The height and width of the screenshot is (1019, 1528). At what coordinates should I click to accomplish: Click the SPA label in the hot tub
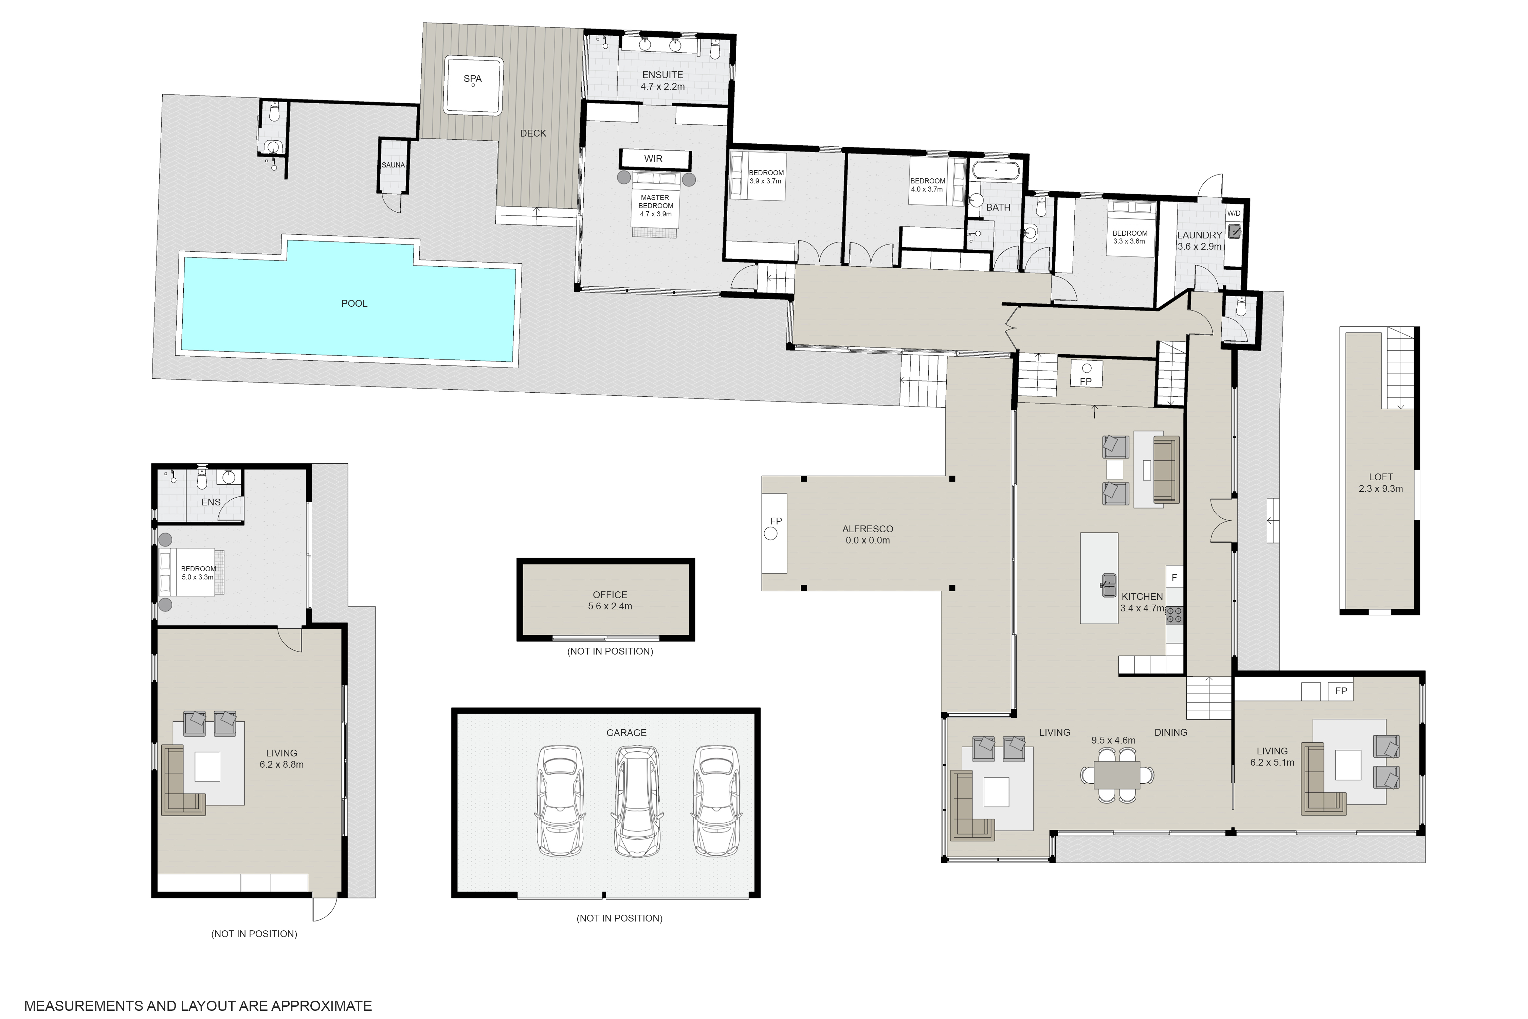[472, 79]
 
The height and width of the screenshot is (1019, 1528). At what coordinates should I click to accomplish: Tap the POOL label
[354, 303]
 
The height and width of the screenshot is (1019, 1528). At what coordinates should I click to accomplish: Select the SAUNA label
[393, 165]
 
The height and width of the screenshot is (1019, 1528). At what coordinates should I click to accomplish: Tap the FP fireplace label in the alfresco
[776, 521]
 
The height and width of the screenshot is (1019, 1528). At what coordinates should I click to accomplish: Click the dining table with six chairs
[1117, 775]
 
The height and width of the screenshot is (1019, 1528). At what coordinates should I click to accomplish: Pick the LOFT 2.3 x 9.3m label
[1381, 483]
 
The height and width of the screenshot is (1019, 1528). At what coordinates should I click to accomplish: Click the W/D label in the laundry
[1233, 213]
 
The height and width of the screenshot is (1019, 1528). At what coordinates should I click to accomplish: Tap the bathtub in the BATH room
[995, 172]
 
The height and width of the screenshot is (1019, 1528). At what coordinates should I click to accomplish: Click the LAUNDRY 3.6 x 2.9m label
[1199, 240]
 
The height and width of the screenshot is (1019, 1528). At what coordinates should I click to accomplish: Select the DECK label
[533, 133]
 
